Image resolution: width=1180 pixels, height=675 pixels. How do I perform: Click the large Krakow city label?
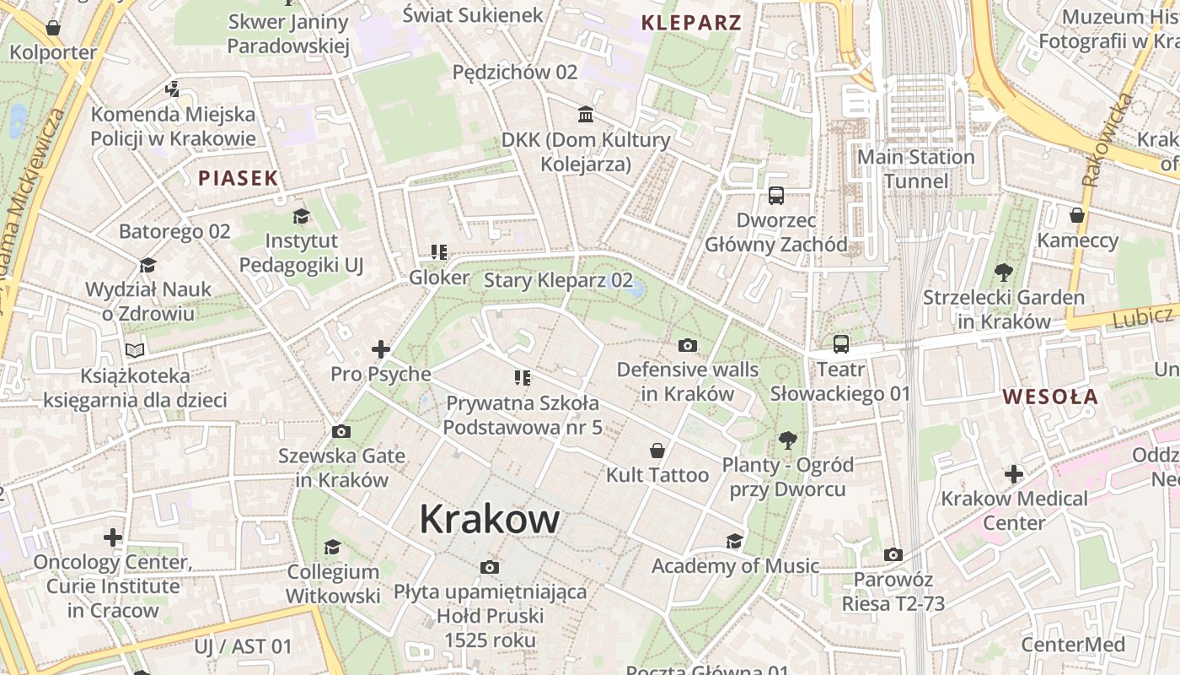[489, 519]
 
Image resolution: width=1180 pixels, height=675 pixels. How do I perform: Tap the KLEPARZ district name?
[691, 23]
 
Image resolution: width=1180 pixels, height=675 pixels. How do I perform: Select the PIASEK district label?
[238, 178]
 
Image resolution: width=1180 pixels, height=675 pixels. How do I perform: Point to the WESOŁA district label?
[1050, 397]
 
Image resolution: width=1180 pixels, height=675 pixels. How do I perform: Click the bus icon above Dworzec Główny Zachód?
[776, 196]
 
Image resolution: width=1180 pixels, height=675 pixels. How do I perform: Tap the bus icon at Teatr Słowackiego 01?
[840, 344]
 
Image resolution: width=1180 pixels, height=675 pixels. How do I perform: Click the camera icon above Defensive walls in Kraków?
[688, 345]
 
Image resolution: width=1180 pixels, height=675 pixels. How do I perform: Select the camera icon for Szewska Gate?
[341, 432]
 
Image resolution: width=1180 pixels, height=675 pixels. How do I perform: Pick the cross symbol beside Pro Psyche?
[381, 348]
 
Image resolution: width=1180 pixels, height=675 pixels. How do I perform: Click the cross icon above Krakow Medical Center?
[1014, 474]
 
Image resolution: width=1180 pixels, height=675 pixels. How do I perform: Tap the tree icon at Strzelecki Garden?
[1003, 273]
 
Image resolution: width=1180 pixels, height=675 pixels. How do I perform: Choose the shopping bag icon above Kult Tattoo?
[657, 451]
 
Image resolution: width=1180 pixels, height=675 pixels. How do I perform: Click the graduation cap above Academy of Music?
[735, 541]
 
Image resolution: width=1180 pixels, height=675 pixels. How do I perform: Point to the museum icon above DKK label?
[586, 114]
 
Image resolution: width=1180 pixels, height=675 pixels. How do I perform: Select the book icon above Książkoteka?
[135, 350]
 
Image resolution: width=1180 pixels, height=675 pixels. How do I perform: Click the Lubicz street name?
[1142, 318]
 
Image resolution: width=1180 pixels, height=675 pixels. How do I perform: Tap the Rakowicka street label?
[1108, 139]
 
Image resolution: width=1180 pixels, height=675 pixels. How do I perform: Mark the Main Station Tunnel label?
[915, 169]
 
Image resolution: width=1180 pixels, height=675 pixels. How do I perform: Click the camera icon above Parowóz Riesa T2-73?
[893, 555]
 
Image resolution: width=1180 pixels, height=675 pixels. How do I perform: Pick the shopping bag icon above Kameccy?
[1076, 215]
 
